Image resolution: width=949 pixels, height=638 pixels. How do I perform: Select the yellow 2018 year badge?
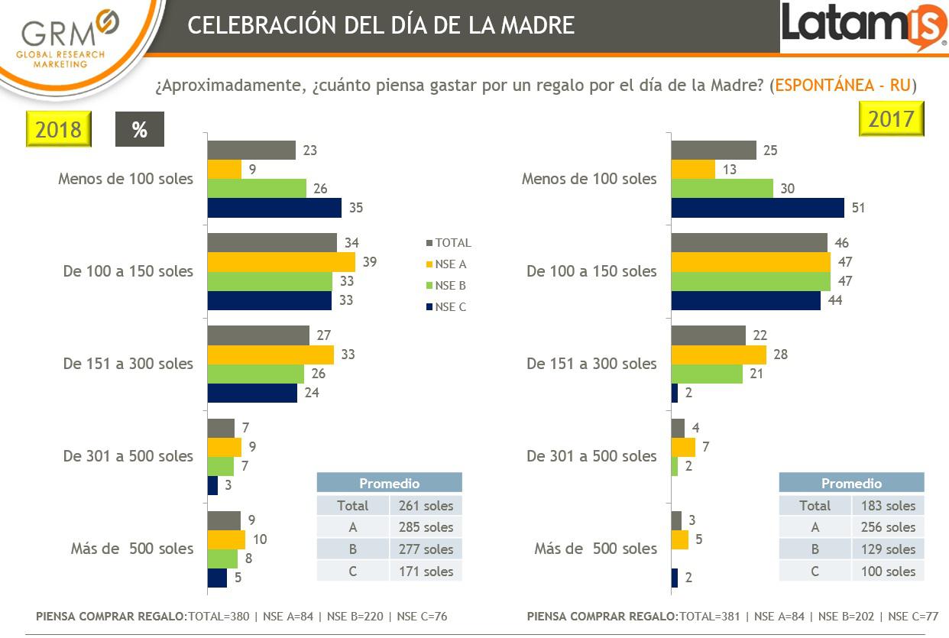(59, 128)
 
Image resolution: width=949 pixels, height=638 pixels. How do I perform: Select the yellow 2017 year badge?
(891, 118)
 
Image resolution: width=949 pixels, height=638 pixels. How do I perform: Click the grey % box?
(139, 129)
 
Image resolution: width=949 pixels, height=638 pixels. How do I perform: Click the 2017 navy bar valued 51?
(757, 208)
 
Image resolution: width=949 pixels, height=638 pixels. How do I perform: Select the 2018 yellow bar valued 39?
(281, 262)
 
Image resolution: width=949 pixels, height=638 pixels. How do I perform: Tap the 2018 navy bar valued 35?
(274, 208)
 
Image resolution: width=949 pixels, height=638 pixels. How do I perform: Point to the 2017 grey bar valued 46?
(749, 243)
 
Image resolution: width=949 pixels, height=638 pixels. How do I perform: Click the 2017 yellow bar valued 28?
(718, 355)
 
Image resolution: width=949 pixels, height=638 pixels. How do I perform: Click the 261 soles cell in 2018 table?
(426, 506)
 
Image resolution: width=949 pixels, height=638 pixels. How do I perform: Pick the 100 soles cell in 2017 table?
(888, 572)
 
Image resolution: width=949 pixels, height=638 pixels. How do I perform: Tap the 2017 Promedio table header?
(851, 483)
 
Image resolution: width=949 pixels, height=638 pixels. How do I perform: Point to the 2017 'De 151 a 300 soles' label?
(591, 364)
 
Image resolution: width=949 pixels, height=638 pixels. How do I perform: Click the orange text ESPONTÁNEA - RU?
(843, 85)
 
